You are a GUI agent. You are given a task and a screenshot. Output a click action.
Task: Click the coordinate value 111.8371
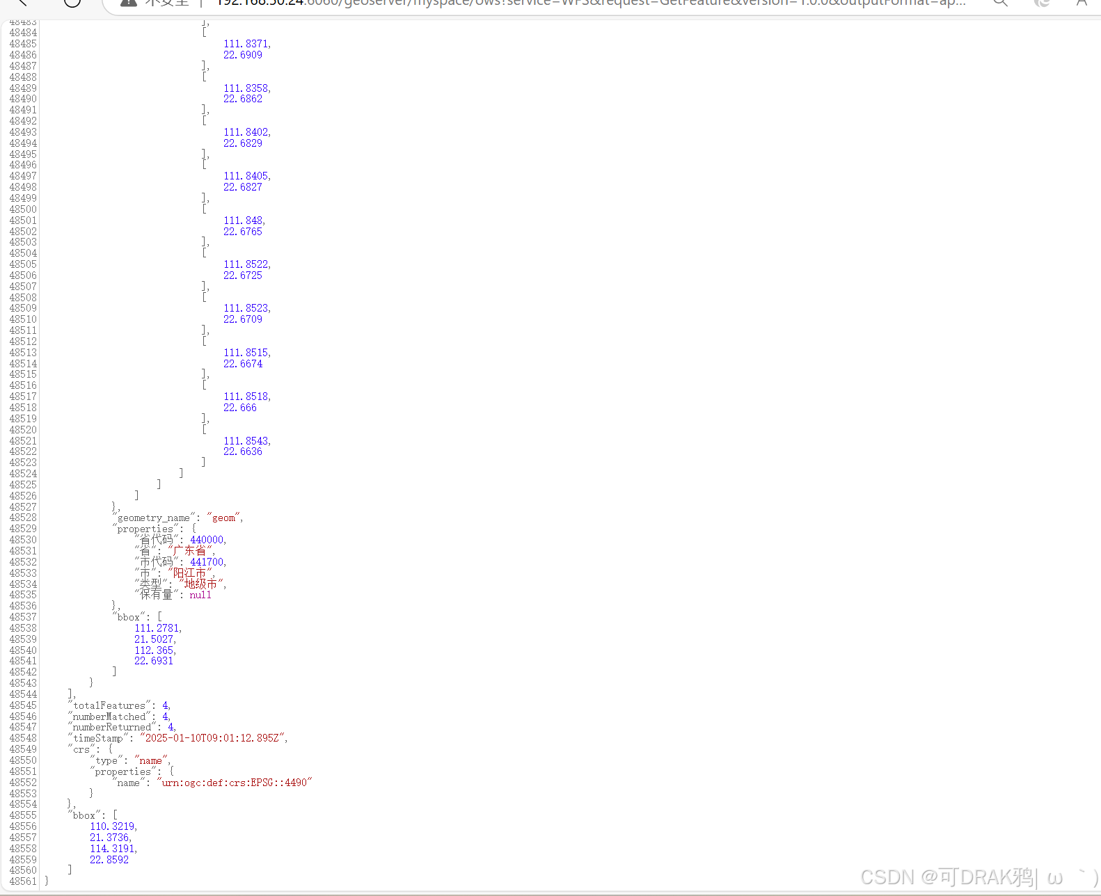click(x=246, y=44)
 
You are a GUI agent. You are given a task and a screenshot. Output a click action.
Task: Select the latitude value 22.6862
click(x=243, y=99)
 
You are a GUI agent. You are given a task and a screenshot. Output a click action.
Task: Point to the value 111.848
click(x=243, y=221)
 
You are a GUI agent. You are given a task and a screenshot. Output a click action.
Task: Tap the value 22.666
click(x=240, y=408)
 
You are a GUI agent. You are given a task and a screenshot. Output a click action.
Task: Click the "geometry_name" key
click(x=154, y=518)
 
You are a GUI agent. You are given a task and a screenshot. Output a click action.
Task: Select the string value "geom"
click(x=223, y=518)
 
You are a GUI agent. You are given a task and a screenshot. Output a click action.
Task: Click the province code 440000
click(x=207, y=540)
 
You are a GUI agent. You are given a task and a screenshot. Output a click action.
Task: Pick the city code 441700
click(x=207, y=562)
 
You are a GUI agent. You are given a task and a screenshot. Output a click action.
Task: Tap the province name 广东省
click(x=189, y=551)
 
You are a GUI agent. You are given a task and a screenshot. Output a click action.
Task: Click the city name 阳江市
click(x=189, y=573)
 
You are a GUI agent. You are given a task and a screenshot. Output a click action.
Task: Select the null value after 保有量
click(x=200, y=595)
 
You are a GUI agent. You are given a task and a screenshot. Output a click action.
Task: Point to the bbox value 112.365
click(x=154, y=650)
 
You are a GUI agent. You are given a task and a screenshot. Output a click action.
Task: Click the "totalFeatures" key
click(x=109, y=705)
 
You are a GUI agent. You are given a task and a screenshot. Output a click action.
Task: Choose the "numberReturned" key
click(x=112, y=727)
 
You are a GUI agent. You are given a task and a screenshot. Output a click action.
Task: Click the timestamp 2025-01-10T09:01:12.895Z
click(x=212, y=738)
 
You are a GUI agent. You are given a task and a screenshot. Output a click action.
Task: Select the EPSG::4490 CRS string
click(x=235, y=783)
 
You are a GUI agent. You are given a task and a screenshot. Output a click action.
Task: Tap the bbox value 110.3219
click(x=112, y=826)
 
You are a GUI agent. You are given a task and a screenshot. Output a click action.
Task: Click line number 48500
click(x=23, y=209)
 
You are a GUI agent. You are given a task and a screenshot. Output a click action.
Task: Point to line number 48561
click(x=23, y=881)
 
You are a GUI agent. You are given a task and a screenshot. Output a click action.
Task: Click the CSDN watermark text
click(x=946, y=877)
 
